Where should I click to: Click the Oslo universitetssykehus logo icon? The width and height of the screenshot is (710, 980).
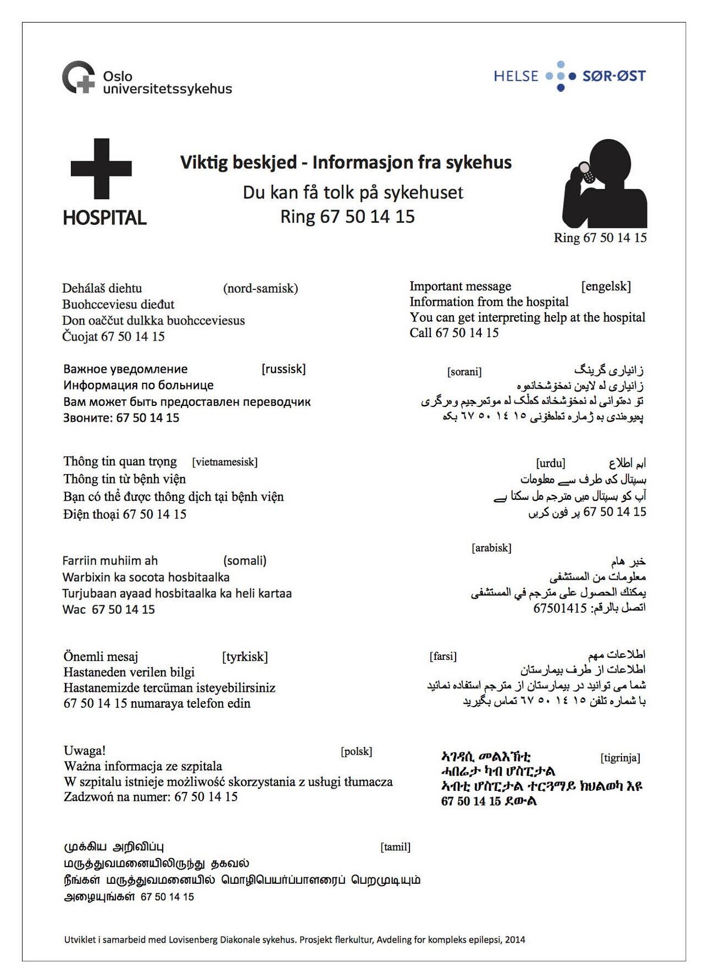click(79, 77)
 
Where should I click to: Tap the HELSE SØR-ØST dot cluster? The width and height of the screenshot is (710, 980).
click(561, 76)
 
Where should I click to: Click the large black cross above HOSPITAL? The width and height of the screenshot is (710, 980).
click(101, 168)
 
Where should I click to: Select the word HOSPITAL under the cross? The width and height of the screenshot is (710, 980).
click(105, 218)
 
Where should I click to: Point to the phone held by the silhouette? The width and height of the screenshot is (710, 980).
click(586, 175)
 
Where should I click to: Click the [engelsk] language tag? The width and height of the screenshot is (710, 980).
click(606, 286)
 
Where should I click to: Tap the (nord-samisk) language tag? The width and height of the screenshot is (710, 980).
click(260, 288)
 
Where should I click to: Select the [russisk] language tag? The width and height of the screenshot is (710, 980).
click(284, 368)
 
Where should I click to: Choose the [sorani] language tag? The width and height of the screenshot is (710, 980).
click(464, 372)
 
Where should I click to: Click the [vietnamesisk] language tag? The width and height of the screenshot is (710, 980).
click(225, 462)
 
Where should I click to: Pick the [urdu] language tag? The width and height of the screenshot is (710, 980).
click(551, 463)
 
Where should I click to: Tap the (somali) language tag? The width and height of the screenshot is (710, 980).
click(245, 560)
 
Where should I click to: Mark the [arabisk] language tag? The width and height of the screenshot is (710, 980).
click(491, 548)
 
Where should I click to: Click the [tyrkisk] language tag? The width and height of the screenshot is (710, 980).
click(245, 657)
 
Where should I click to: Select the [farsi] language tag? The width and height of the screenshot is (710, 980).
click(443, 656)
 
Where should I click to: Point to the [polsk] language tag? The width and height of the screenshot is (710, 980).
click(357, 751)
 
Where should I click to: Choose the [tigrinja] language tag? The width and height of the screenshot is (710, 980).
click(620, 758)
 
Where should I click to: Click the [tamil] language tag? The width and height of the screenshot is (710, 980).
click(396, 847)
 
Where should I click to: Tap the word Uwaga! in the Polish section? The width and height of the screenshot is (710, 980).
click(85, 751)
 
